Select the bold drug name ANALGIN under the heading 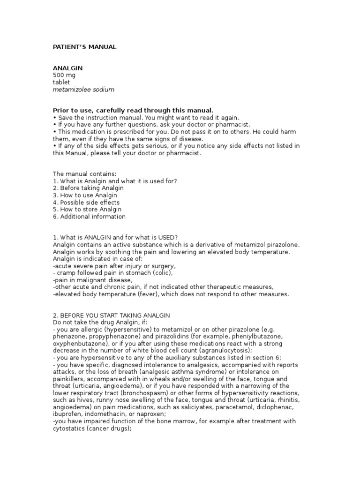click(67, 68)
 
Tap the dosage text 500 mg click(64, 75)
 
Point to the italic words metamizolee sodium click(83, 89)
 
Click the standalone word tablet click(61, 82)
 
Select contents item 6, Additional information click(89, 217)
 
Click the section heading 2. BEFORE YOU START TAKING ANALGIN click(112, 315)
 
